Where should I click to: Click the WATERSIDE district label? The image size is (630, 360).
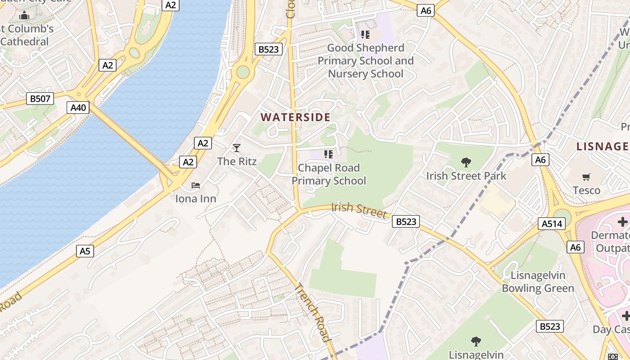point(295,117)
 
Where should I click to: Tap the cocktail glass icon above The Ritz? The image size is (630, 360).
point(237,148)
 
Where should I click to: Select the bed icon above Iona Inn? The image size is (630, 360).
point(196,185)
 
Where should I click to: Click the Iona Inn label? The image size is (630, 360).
point(196,198)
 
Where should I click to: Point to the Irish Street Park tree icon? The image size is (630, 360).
point(466,162)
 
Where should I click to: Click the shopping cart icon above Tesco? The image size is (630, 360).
point(586,177)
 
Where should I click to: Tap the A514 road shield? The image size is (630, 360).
point(551,224)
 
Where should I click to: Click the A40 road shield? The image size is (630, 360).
point(78,108)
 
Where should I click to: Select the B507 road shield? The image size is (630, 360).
point(40,99)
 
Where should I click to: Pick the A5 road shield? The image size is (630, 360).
point(85,251)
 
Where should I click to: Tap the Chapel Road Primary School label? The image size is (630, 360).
point(328,174)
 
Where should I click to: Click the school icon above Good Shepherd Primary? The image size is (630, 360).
point(365,34)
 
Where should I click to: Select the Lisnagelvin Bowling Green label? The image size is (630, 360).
point(538,282)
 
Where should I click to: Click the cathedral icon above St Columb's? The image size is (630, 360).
point(24,16)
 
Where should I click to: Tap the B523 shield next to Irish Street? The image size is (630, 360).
point(405,221)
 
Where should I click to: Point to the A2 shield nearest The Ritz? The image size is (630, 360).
point(202,143)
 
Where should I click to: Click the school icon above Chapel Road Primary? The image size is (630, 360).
point(328,154)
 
